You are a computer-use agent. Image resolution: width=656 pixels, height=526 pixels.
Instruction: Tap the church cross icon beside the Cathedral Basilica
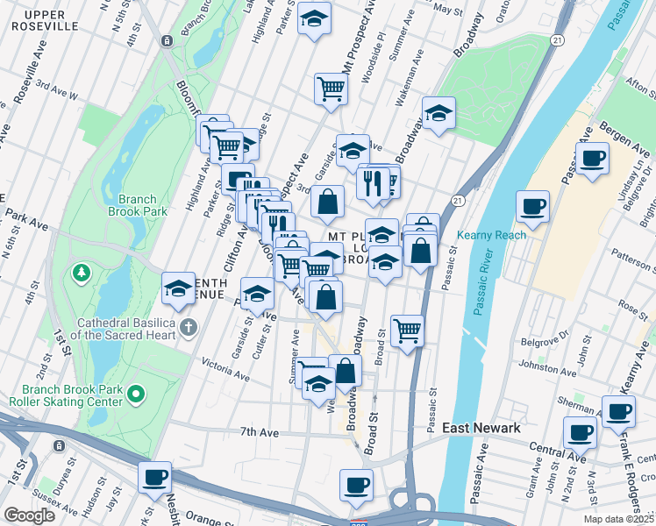click(x=188, y=328)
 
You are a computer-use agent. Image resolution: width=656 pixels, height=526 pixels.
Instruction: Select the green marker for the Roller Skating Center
click(x=135, y=395)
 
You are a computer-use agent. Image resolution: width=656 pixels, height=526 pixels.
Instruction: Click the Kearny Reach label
click(x=491, y=235)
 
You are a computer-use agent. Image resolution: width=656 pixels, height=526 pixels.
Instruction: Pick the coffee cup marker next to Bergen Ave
click(x=594, y=160)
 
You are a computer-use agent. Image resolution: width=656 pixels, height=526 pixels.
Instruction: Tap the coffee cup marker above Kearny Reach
click(x=532, y=208)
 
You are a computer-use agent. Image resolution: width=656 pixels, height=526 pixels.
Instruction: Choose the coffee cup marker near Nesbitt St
click(x=155, y=478)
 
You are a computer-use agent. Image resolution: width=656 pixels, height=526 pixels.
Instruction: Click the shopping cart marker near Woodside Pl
click(x=331, y=89)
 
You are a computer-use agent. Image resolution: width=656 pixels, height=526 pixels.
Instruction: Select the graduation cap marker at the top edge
click(x=313, y=18)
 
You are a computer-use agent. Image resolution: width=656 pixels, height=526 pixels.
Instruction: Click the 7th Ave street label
click(x=260, y=431)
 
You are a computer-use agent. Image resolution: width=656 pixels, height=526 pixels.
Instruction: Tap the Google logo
click(x=29, y=515)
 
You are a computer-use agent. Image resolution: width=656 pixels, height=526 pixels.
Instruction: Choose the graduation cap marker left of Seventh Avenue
click(x=178, y=289)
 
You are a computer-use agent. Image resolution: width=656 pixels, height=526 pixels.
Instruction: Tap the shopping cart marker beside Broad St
click(x=407, y=331)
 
